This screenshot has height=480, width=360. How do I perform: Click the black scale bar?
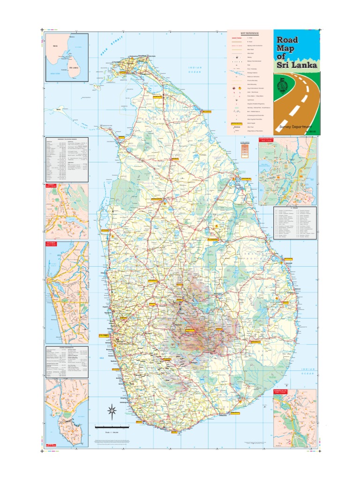[112, 427]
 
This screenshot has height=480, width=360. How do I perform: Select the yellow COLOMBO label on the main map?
[103, 336]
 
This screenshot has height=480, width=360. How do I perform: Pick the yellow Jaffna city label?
[123, 73]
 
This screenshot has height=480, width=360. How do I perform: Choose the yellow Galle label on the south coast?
[139, 421]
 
